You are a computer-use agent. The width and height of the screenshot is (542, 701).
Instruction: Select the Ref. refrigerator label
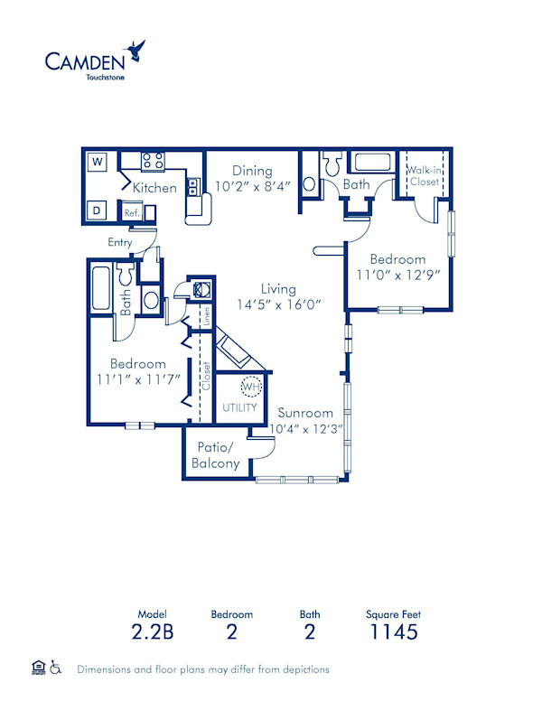(x=131, y=213)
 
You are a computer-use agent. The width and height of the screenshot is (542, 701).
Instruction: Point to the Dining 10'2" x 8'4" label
(x=252, y=179)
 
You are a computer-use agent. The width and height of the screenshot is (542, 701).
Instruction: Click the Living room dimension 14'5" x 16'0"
(x=279, y=304)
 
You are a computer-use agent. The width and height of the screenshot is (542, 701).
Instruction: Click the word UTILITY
(x=240, y=407)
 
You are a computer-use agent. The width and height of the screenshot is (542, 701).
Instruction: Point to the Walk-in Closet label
(x=424, y=175)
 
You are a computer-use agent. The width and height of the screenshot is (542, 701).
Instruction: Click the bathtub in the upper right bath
(x=371, y=164)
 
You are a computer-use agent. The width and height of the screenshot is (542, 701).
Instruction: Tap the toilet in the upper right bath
(x=330, y=164)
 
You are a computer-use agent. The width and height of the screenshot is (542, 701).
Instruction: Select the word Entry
(x=120, y=242)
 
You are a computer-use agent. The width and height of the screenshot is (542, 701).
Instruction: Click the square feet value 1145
(x=393, y=631)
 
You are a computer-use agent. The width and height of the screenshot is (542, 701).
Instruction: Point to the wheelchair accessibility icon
(x=55, y=668)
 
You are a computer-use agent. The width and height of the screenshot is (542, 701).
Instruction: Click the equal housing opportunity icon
(x=37, y=668)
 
